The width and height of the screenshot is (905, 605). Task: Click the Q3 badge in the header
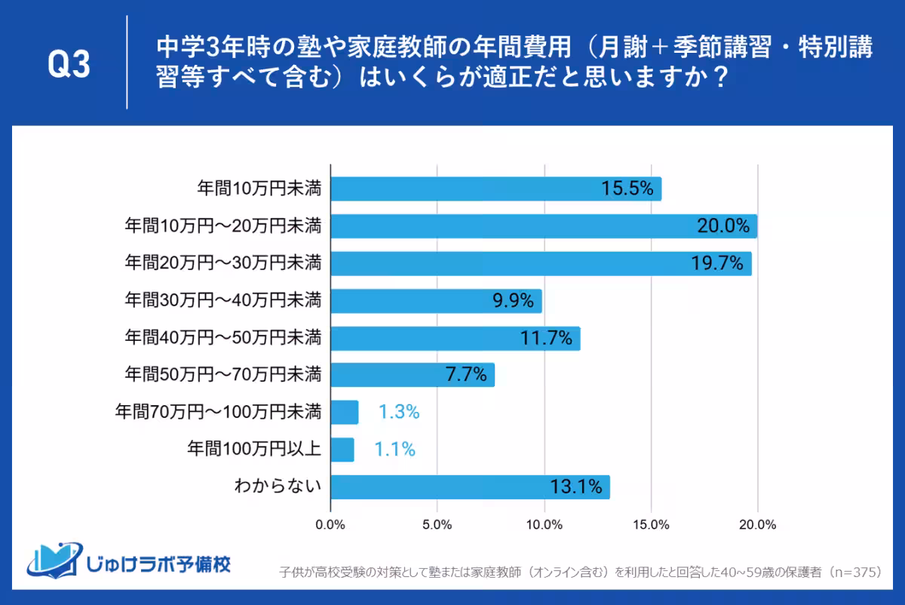click(69, 64)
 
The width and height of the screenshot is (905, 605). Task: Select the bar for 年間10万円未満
click(495, 189)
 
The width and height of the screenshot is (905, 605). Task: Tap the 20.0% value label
click(722, 226)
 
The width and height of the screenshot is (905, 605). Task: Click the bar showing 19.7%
click(541, 263)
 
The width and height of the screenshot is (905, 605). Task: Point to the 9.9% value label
click(513, 301)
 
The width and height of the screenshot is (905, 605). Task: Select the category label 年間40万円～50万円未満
click(223, 338)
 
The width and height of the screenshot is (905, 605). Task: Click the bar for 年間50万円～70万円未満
click(413, 375)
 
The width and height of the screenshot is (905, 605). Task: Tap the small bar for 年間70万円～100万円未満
click(345, 413)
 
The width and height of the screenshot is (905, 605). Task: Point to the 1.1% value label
click(395, 450)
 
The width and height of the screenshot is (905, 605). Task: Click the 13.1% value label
click(576, 487)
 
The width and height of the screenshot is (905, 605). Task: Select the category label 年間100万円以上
click(254, 450)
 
